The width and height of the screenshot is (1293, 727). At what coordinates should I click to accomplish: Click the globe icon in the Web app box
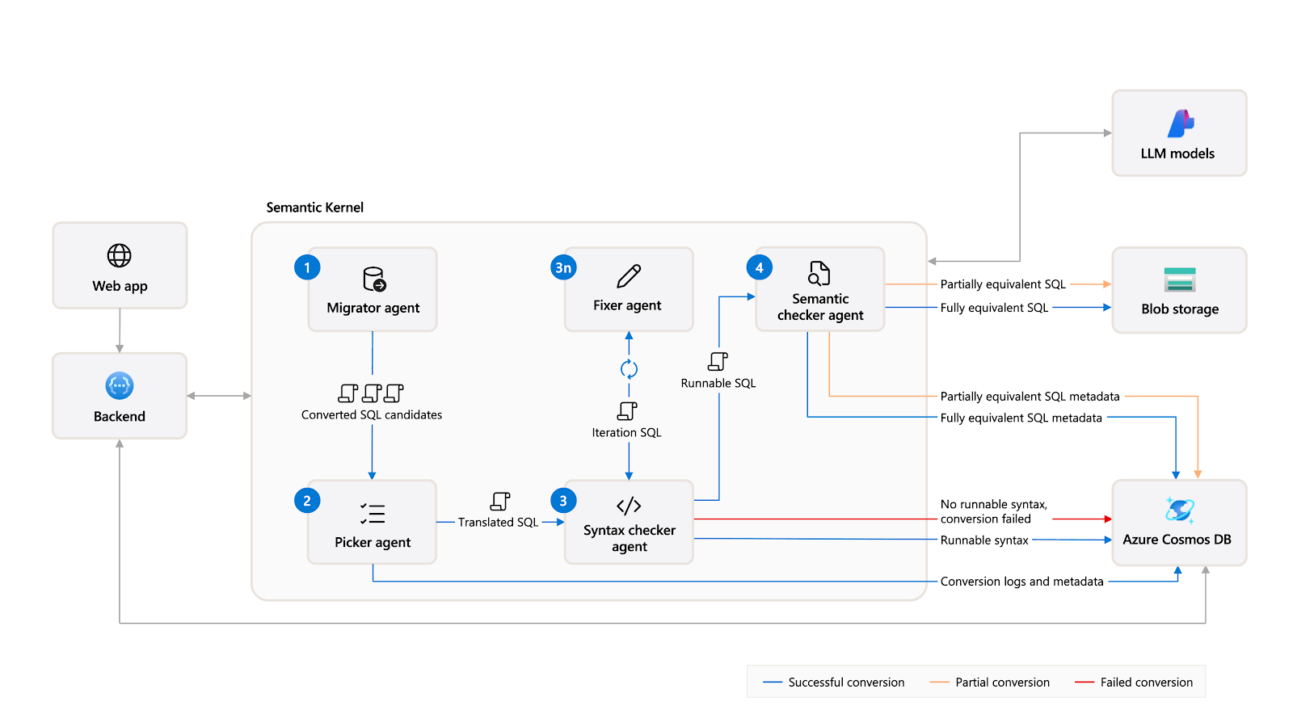click(120, 255)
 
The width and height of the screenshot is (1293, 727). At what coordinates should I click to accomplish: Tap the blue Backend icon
click(120, 385)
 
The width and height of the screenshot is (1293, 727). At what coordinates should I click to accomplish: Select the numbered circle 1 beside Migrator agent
click(307, 267)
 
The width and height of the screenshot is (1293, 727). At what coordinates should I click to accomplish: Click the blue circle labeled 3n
click(563, 267)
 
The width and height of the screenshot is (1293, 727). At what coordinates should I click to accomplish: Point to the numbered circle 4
click(759, 267)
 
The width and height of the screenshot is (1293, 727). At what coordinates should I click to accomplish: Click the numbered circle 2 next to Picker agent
click(307, 501)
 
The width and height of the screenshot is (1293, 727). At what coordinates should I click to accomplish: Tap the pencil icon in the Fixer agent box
click(629, 275)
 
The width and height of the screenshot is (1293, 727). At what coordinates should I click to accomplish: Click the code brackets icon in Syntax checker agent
click(629, 506)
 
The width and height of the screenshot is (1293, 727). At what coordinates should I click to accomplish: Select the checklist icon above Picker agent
click(373, 513)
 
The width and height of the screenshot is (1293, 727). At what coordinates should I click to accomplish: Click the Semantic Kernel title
click(314, 208)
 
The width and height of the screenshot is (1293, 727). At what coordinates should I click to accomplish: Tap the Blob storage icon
click(1180, 279)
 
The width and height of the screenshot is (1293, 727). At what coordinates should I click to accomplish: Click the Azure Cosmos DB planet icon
click(1179, 510)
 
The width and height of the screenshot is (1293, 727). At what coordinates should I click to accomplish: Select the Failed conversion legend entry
click(1134, 683)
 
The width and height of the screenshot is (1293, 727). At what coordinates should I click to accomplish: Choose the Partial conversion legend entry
click(989, 683)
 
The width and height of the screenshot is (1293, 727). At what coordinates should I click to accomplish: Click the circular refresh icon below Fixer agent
click(629, 369)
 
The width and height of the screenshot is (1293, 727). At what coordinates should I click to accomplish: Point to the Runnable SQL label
click(718, 383)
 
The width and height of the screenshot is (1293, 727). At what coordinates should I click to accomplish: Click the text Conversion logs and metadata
click(1021, 582)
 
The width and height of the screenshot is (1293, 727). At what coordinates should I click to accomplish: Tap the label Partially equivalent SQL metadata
click(1030, 397)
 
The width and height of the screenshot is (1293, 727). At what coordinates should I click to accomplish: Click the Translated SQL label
click(498, 522)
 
